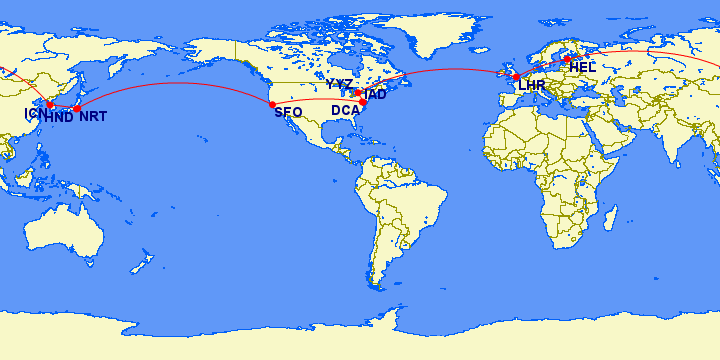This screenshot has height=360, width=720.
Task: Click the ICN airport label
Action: pyautogui.click(x=32, y=113)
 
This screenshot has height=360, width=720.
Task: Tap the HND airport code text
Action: pyautogui.click(x=59, y=117)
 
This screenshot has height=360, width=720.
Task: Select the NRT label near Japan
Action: pyautogui.click(x=93, y=117)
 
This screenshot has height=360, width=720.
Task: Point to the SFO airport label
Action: pyautogui.click(x=288, y=112)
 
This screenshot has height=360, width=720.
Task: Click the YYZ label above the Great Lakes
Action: pyautogui.click(x=339, y=84)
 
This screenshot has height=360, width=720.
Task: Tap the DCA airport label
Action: pyautogui.click(x=345, y=110)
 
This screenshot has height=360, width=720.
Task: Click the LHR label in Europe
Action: pyautogui.click(x=532, y=86)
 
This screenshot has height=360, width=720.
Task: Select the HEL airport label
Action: pyautogui.click(x=583, y=67)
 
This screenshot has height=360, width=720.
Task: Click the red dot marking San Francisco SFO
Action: pyautogui.click(x=272, y=104)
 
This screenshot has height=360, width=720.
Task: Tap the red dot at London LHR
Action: pyautogui.click(x=516, y=77)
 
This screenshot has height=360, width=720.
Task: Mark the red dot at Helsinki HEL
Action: pyautogui.click(x=566, y=59)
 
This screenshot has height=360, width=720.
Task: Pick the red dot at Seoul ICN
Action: pyautogui.click(x=50, y=104)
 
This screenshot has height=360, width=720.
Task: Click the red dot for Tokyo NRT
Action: pyautogui.click(x=77, y=108)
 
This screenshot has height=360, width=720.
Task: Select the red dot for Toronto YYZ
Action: pyautogui.click(x=358, y=93)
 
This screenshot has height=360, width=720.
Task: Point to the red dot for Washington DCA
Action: pyautogui.click(x=363, y=102)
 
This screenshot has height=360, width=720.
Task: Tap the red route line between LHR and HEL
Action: pyautogui.click(x=541, y=67)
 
